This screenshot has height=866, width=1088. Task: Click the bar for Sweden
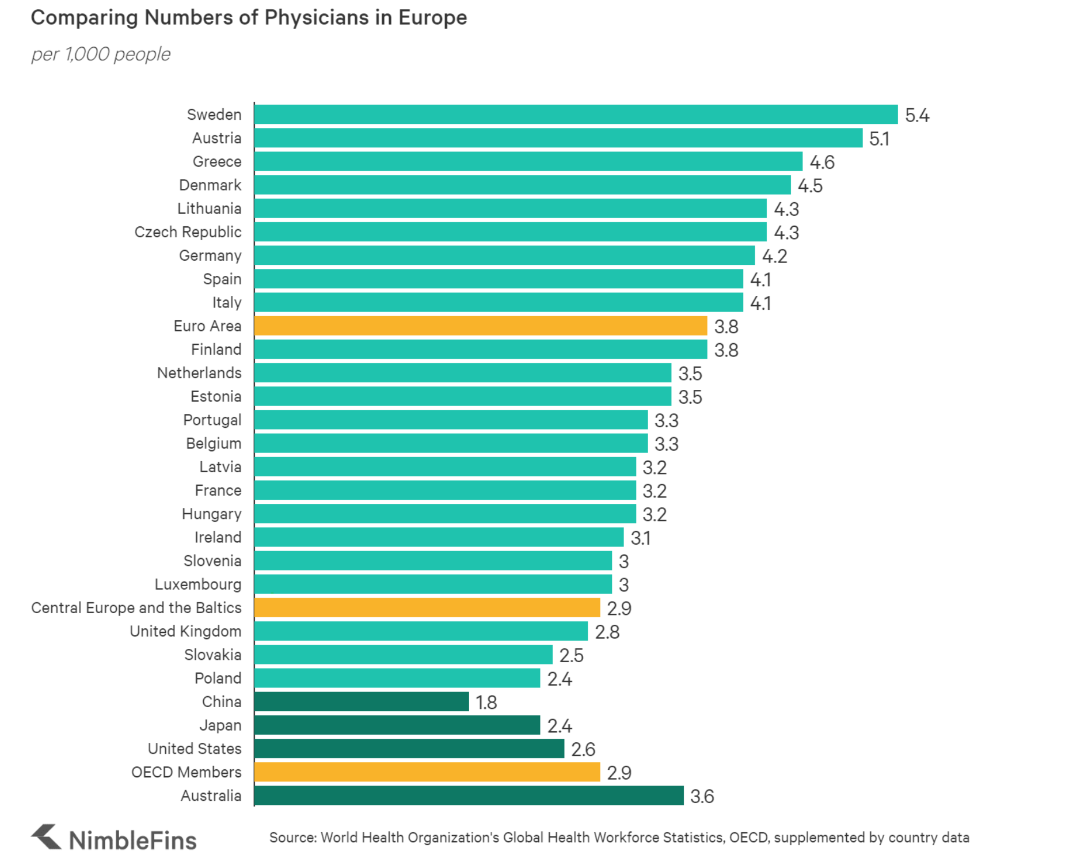tap(576, 115)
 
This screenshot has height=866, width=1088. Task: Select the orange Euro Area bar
tap(481, 326)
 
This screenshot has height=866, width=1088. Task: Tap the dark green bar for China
tap(362, 701)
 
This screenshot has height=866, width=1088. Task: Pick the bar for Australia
tap(469, 795)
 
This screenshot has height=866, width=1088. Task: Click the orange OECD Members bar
tap(427, 772)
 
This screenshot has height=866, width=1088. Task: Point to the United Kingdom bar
tap(421, 631)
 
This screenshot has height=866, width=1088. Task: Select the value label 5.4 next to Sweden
tap(917, 116)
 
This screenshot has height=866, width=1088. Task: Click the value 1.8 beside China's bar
tap(486, 702)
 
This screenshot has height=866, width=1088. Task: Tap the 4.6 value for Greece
tap(822, 162)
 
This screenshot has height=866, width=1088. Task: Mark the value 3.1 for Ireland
tap(641, 538)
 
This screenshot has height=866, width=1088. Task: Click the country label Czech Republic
tap(188, 232)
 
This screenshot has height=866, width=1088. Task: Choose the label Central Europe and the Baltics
tap(136, 608)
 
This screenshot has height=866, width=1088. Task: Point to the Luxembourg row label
tap(198, 584)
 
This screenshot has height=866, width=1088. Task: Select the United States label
tap(195, 749)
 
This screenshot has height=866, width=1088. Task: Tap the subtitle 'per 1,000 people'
tap(101, 54)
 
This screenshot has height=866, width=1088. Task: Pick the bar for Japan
tap(397, 725)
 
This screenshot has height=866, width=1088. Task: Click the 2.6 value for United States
tap(583, 750)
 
